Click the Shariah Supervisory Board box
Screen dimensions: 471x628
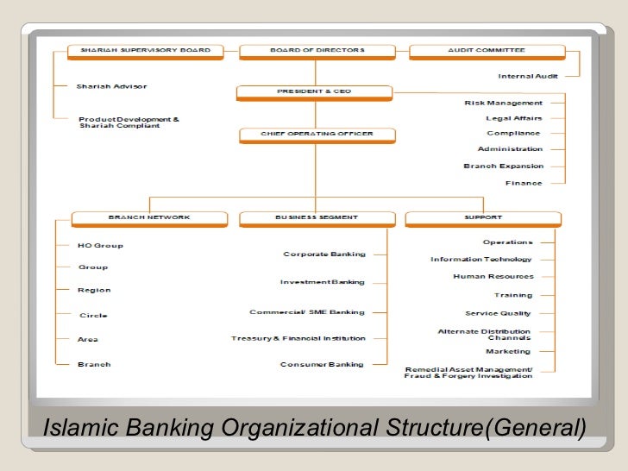pyautogui.click(x=146, y=51)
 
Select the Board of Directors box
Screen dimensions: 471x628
pyautogui.click(x=317, y=51)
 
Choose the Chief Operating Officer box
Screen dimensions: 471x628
pyautogui.click(x=317, y=135)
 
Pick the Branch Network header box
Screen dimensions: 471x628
pyautogui.click(x=149, y=217)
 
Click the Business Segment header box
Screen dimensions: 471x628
pyautogui.click(x=317, y=217)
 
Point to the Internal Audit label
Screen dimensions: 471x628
pyautogui.click(x=527, y=77)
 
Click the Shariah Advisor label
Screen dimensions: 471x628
pyautogui.click(x=111, y=86)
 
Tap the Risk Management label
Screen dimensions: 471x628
pyautogui.click(x=504, y=103)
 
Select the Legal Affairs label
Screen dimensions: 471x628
pyautogui.click(x=514, y=118)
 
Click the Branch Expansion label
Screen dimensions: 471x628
pyautogui.click(x=504, y=166)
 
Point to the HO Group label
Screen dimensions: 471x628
pyautogui.click(x=100, y=245)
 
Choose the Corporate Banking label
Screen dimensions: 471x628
pyautogui.click(x=324, y=254)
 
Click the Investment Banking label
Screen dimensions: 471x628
pyautogui.click(x=323, y=282)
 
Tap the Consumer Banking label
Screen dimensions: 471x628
pyautogui.click(x=322, y=364)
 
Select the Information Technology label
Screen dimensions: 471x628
pyautogui.click(x=481, y=260)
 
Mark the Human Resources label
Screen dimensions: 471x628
pyautogui.click(x=493, y=277)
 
